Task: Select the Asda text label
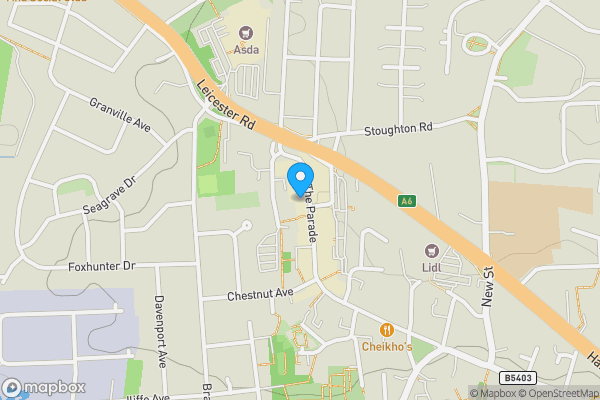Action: point(247,47)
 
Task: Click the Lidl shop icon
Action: point(432,251)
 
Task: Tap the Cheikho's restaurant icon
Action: point(387,329)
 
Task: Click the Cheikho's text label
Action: point(387,347)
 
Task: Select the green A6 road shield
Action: point(406,201)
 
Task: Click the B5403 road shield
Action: point(516,378)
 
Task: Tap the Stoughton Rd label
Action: point(398,128)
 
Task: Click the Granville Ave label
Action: point(119,114)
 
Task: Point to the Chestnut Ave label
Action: point(259,293)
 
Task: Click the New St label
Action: point(490,286)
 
